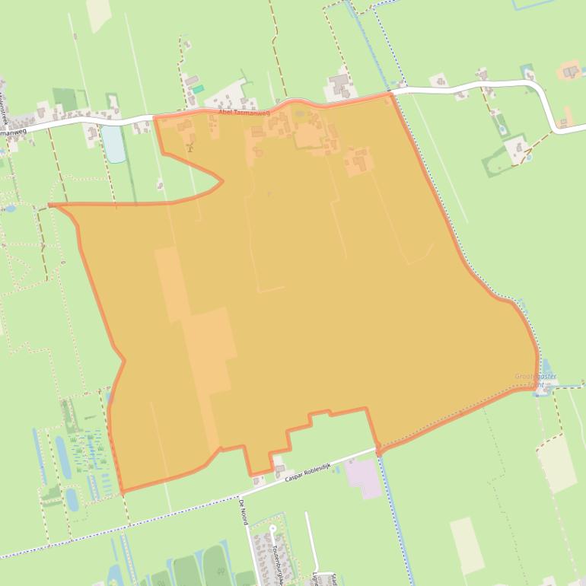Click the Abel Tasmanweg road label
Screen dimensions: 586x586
click(244, 112)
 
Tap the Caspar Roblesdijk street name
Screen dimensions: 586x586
click(310, 473)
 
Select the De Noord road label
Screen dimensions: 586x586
click(244, 511)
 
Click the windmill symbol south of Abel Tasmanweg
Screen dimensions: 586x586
click(189, 146)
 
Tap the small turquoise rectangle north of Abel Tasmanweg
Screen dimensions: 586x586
click(198, 89)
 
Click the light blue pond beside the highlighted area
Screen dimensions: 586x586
click(113, 143)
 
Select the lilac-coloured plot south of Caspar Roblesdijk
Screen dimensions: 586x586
click(365, 478)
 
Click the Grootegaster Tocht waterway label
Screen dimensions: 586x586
click(536, 380)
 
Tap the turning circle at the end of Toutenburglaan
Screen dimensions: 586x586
click(272, 527)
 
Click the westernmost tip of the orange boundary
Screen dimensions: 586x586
click(50, 205)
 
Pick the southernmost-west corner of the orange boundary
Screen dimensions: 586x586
click(122, 492)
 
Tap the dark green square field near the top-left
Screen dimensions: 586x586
click(65, 99)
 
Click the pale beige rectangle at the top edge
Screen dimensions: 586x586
click(98, 14)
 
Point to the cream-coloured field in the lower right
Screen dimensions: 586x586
click(557, 463)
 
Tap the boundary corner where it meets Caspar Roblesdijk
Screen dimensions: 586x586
click(378, 450)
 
